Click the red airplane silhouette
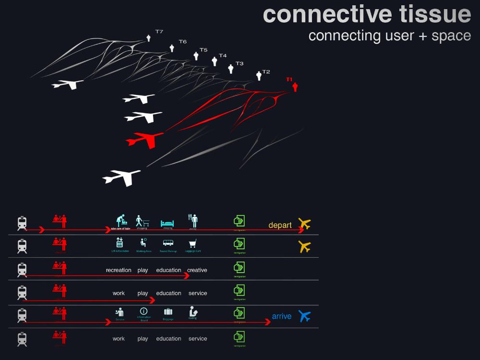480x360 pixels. click(145, 140)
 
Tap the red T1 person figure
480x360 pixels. click(295, 87)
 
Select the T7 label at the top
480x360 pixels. click(159, 32)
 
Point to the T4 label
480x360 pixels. click(223, 56)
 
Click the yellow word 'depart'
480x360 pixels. click(280, 225)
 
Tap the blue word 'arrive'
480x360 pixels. click(281, 316)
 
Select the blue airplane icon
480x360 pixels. click(304, 316)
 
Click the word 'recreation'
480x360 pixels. click(119, 270)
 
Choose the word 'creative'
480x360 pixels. click(197, 270)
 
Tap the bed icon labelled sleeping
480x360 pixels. click(167, 223)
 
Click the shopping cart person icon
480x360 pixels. click(142, 221)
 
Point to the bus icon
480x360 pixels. click(168, 243)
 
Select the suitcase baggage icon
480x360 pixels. click(168, 312)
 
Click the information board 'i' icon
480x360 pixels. click(143, 311)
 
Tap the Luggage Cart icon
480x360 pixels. click(192, 243)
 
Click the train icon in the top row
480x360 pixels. click(22, 224)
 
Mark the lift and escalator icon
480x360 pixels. click(120, 243)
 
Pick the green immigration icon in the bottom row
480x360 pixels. click(239, 336)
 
